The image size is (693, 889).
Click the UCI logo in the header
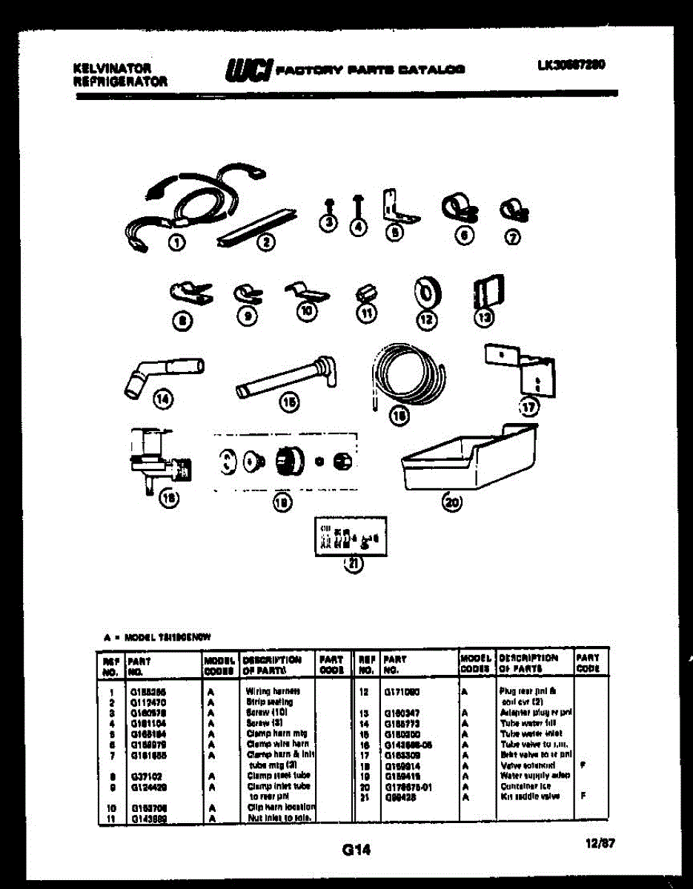coord(247,70)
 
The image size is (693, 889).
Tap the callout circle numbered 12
coord(425,319)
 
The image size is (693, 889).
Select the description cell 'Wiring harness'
coord(268,690)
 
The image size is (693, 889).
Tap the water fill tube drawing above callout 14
coord(164,371)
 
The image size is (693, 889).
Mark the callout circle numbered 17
coord(528,407)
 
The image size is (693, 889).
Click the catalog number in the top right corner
coord(571,64)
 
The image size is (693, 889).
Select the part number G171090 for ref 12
coord(402,690)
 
